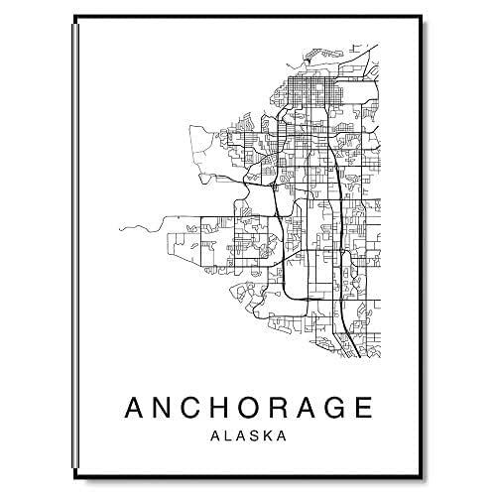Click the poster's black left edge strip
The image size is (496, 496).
pos(76,248)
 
